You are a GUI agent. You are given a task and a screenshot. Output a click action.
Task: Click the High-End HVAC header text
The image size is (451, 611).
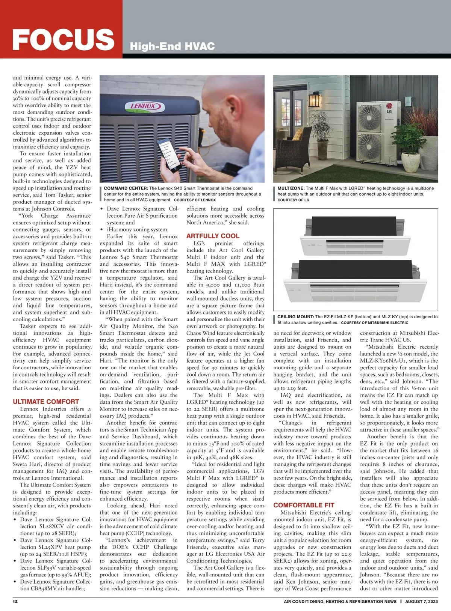click(172, 46)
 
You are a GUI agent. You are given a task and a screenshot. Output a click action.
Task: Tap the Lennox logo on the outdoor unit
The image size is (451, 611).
click(143, 106)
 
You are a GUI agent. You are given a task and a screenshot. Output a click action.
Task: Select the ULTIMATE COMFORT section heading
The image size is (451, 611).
click(46, 402)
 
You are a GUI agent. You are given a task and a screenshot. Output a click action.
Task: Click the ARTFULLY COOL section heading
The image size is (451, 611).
click(213, 236)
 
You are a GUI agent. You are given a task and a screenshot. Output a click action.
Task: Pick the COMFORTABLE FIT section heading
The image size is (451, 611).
click(304, 505)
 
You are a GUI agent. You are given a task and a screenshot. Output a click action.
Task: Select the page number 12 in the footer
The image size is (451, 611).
click(15, 601)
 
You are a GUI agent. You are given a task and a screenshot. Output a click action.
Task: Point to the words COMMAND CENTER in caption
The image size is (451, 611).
click(126, 188)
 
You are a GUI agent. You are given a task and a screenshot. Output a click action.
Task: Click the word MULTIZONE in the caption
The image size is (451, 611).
click(291, 188)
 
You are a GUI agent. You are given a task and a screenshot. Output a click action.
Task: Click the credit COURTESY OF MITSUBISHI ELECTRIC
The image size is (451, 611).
click(374, 323)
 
